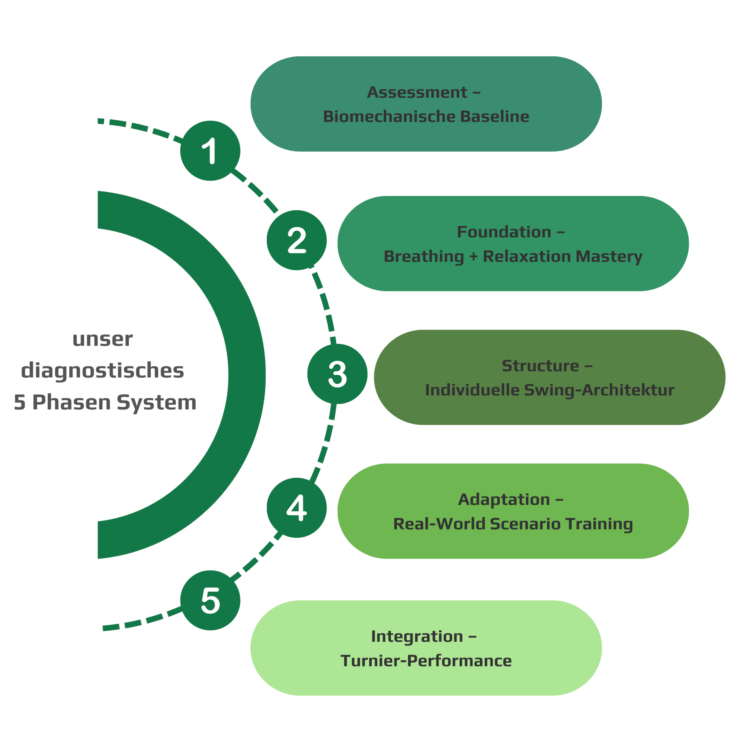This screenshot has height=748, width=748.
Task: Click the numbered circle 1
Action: tap(210, 150)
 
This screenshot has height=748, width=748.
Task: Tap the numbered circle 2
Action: tap(297, 240)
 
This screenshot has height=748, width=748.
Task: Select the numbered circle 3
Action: tap(337, 374)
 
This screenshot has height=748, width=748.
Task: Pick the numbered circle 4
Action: tap(297, 508)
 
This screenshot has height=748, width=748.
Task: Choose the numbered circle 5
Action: tap(210, 600)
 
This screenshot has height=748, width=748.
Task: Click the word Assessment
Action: tap(417, 93)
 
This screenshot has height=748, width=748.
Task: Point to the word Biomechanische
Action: tap(389, 117)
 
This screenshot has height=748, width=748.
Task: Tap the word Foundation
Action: tap(504, 232)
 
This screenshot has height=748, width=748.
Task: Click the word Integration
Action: tap(417, 636)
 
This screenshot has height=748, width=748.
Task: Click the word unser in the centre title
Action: tap(103, 339)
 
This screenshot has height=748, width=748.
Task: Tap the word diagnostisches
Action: tap(103, 371)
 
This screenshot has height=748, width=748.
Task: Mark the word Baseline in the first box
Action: tap(494, 117)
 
